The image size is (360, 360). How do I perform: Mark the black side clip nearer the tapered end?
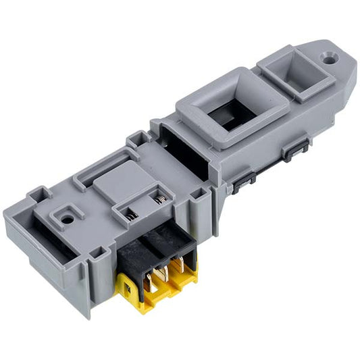coord(296,149)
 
